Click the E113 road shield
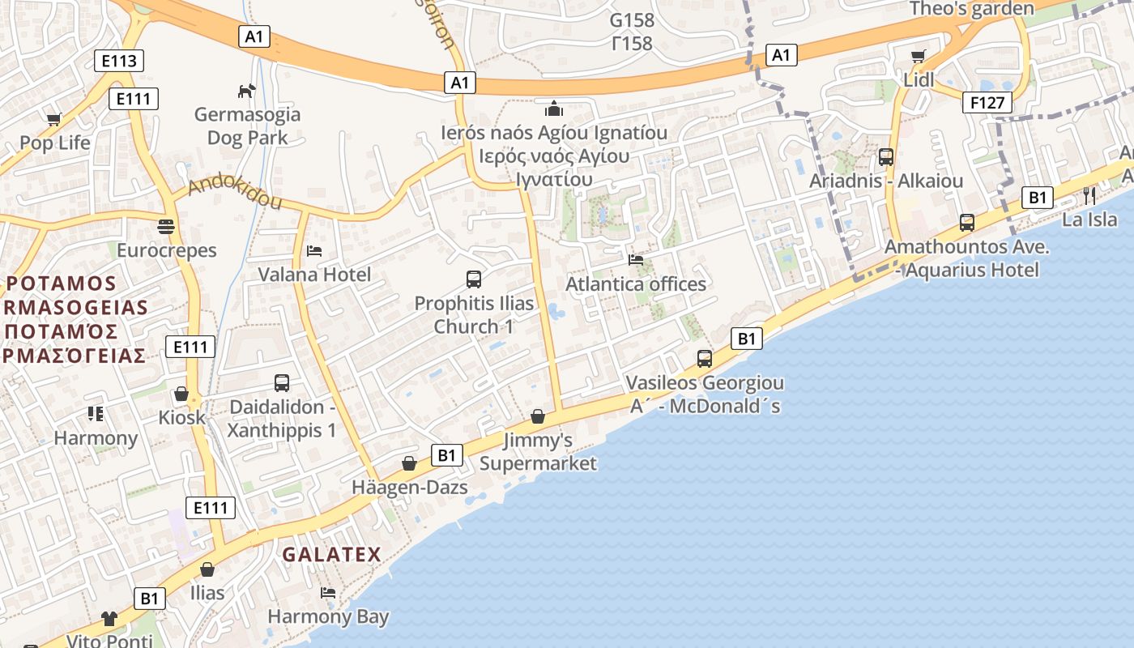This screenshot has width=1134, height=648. coord(118,61)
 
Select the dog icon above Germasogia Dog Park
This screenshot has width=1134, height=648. coord(246,91)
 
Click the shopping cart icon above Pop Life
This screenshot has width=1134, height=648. coord(54,120)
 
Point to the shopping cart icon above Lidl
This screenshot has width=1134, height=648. coord(918,56)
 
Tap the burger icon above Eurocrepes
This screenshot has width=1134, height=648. coord(166,226)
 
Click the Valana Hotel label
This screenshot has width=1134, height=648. coord(314,275)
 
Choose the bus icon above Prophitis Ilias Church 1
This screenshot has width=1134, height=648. coord(474,279)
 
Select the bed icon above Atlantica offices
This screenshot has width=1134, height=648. coord(636,260)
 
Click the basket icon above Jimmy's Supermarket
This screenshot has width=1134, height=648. coord(537,416)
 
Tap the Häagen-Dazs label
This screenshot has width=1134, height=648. coord(410,488)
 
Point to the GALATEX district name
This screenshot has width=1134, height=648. coord(331,555)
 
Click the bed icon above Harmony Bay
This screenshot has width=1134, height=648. coord(328,593)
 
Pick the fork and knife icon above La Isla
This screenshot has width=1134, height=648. coord(1089,195)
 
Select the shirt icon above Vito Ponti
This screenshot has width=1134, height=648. coord(109,619)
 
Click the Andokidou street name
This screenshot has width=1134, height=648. coord(234,194)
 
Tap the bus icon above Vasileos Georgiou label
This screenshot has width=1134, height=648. coord(705,358)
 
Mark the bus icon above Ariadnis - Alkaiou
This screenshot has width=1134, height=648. coord(886,157)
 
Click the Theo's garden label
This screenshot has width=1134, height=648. coord(971,9)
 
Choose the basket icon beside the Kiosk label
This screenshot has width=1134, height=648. coord(181,394)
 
